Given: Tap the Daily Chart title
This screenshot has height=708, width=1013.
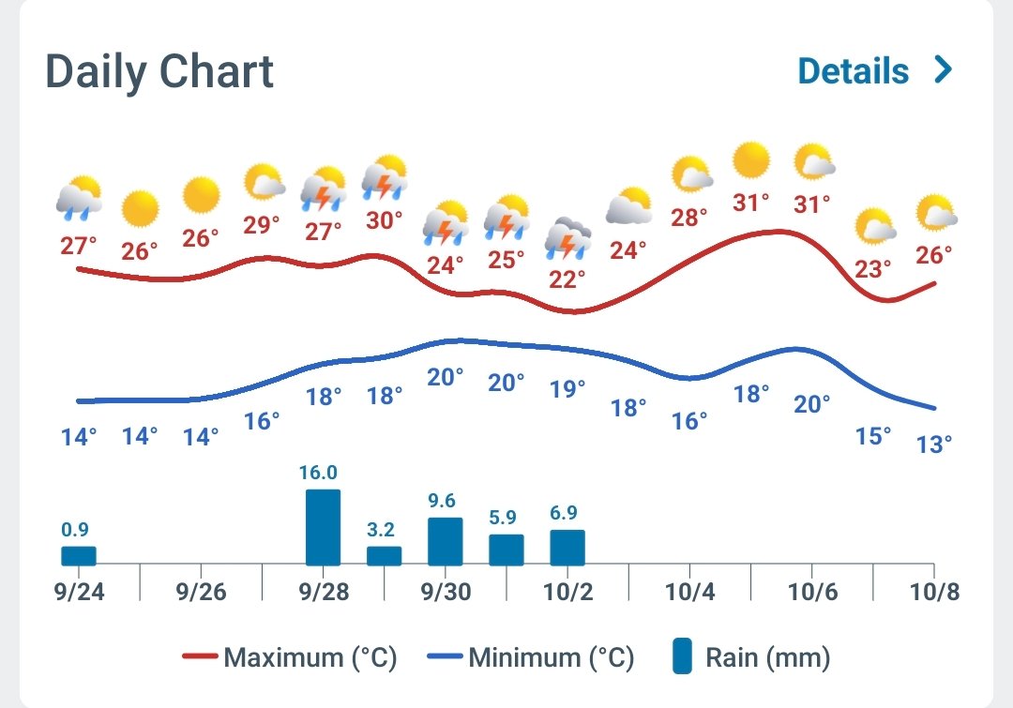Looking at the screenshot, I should click(x=159, y=72).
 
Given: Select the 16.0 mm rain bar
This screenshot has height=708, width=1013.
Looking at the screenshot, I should click(x=324, y=527).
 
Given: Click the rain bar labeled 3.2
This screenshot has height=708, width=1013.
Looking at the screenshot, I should click(x=384, y=555).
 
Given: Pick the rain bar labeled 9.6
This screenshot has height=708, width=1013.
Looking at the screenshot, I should click(x=446, y=541).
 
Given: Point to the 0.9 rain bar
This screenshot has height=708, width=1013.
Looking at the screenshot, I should click(x=79, y=555).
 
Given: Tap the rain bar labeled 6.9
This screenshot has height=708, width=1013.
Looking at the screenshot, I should click(x=567, y=548).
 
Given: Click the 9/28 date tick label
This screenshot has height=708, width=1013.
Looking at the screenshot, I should click(x=324, y=594).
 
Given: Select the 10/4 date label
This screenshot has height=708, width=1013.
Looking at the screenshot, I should click(x=689, y=594).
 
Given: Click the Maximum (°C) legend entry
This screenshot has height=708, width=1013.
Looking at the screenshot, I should click(x=289, y=657).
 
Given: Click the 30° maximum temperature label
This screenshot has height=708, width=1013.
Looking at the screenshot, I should click(x=385, y=220).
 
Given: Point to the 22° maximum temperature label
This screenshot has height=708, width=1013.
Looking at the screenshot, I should click(x=567, y=279).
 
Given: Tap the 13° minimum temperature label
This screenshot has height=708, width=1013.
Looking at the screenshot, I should click(x=934, y=443).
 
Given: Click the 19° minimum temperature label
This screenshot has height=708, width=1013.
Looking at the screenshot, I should click(x=567, y=388).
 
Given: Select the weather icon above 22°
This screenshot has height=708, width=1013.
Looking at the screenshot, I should click(x=568, y=238).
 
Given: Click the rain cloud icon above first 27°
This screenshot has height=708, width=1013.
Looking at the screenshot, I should click(x=79, y=196).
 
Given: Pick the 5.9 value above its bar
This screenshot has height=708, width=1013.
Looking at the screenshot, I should click(x=506, y=517).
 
